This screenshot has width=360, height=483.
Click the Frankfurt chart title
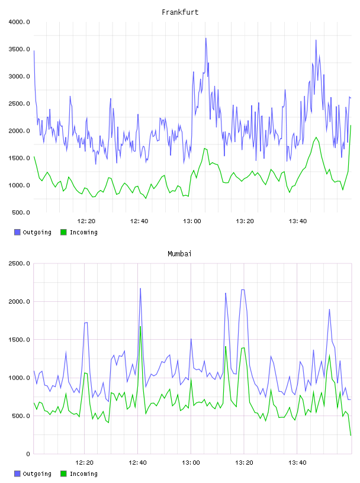click(180, 12)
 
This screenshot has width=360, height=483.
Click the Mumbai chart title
click(179, 254)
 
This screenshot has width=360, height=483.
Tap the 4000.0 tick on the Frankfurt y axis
click(19, 22)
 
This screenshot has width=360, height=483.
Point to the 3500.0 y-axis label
click(19, 49)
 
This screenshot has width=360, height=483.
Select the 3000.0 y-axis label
click(19, 76)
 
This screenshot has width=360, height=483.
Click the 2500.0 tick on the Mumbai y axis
click(19, 263)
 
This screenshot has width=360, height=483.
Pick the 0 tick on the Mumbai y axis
click(28, 454)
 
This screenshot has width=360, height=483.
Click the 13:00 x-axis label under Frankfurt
click(192, 221)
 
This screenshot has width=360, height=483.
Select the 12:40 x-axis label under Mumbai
click(137, 463)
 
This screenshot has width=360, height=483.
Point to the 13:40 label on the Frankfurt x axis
click(298, 221)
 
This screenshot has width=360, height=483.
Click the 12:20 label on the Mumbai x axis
click(84, 463)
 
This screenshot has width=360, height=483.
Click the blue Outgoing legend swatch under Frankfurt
click(17, 232)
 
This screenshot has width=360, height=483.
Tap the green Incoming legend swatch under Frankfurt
click(63, 232)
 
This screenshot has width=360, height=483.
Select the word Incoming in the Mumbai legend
click(83, 474)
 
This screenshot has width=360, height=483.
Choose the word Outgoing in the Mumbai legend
click(37, 474)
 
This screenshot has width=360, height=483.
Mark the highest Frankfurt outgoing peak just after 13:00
click(206, 38)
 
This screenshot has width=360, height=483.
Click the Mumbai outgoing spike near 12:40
click(140, 289)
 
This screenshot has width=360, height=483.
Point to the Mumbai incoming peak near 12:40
click(140, 327)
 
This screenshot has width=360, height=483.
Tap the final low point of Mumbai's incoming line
click(351, 435)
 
